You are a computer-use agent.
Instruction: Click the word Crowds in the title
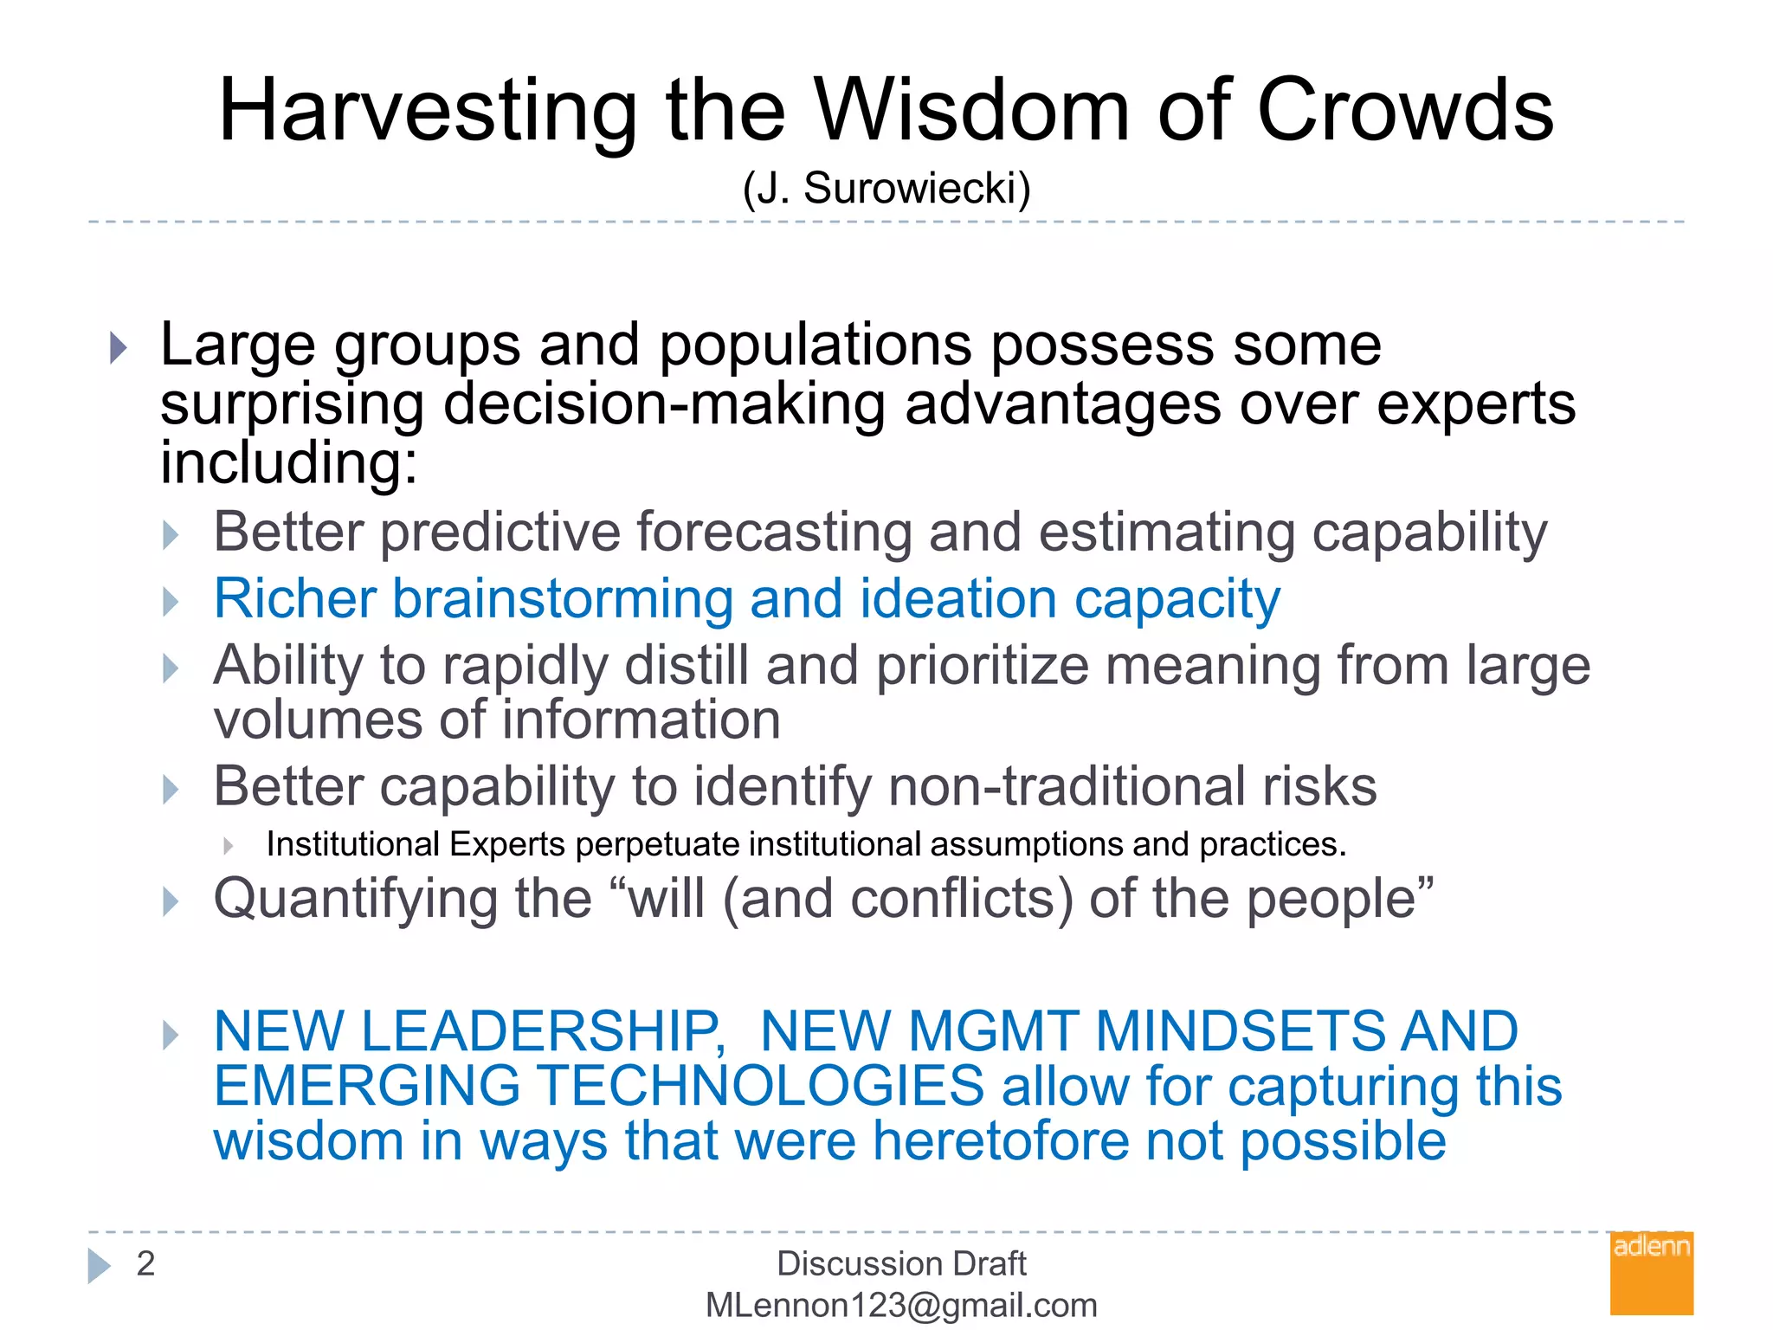(x=1405, y=111)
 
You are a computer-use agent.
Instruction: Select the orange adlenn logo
(x=1651, y=1273)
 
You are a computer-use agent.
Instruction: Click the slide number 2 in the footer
(x=145, y=1263)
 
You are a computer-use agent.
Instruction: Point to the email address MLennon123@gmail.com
(x=901, y=1305)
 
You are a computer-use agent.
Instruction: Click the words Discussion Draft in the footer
(x=901, y=1263)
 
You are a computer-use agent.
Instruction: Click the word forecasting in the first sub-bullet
(x=774, y=532)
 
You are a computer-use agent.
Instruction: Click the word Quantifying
(x=355, y=899)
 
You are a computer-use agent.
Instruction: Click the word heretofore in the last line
(x=1000, y=1140)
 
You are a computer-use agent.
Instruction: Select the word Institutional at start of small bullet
(x=353, y=844)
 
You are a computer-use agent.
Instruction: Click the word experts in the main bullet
(x=1476, y=404)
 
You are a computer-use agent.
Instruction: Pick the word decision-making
(x=664, y=404)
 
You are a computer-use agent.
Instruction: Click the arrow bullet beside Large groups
(x=119, y=348)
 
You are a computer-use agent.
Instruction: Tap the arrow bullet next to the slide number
(x=99, y=1265)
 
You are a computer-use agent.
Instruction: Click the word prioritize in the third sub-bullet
(x=983, y=666)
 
